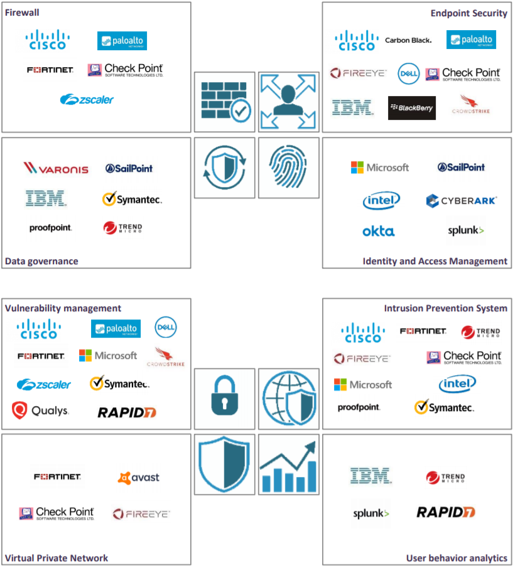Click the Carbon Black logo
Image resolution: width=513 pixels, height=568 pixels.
pos(408,40)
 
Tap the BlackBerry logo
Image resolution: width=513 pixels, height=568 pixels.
pos(411,108)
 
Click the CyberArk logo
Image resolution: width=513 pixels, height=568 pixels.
pos(462,201)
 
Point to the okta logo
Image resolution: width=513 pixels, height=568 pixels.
pos(379,232)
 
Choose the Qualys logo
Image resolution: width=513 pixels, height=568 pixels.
pos(41,411)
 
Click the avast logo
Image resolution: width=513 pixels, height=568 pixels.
pos(139,478)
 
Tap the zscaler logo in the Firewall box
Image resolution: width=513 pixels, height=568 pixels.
pos(87,99)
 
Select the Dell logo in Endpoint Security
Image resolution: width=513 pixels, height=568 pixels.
pos(409,73)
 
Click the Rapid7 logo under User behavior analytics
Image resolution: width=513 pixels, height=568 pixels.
pos(446,512)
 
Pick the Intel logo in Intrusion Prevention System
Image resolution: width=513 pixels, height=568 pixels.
pos(457,383)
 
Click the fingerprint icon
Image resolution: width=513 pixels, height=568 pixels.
pos(287,168)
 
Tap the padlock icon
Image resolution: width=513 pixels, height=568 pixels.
pos(224,398)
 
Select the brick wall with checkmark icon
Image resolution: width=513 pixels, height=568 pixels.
pos(224,102)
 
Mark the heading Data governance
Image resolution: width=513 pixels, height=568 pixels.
pos(41,261)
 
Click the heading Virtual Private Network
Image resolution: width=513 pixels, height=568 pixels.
pos(57,558)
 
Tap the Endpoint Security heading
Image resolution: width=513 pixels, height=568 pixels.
pos(468,13)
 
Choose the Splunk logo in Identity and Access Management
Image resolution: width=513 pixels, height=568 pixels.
pos(465,230)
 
